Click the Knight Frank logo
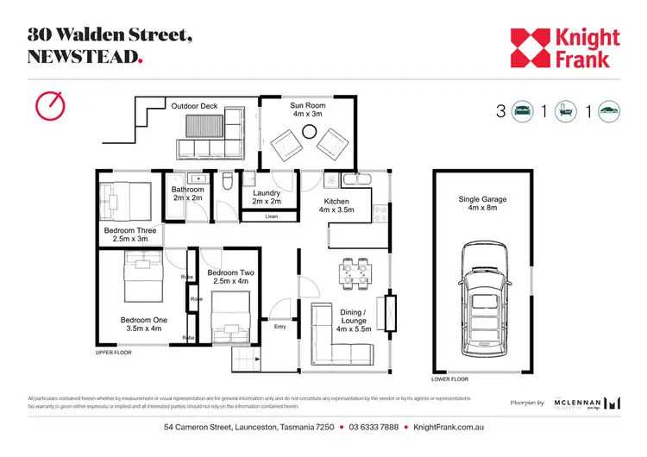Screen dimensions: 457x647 tap(564, 48)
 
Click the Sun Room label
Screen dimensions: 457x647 tap(308, 108)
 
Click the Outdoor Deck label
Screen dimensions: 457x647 tap(194, 106)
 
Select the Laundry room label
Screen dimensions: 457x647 tap(266, 197)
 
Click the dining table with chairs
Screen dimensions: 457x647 tap(355, 272)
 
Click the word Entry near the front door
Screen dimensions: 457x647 tap(280, 327)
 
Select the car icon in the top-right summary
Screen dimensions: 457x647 tap(609, 111)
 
